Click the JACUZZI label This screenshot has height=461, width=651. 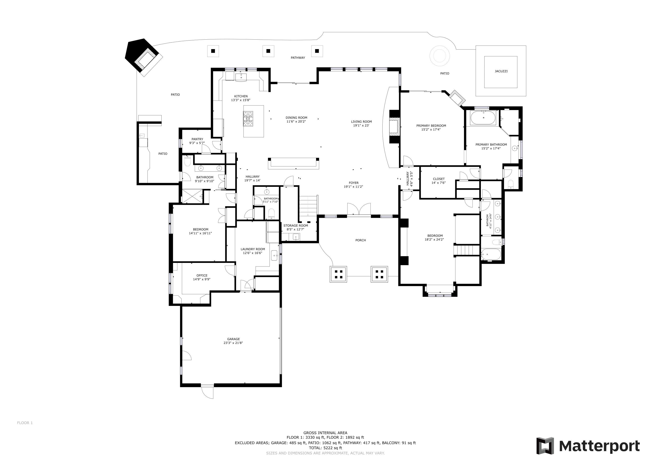(501, 71)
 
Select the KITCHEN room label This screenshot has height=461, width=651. (241, 96)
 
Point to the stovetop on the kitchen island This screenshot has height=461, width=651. (248, 119)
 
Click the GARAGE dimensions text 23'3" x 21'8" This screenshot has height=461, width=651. (233, 343)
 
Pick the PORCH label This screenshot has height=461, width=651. (360, 240)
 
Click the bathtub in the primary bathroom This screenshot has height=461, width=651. (483, 118)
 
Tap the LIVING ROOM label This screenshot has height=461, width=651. (361, 122)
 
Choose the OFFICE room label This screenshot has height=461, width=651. (202, 275)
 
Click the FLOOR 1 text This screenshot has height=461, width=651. (25, 431)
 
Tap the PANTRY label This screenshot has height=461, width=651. (197, 139)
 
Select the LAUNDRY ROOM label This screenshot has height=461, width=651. (253, 249)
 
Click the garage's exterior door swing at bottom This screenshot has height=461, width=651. (207, 392)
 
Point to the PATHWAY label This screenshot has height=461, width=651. (298, 58)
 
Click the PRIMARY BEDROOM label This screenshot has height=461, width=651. (431, 125)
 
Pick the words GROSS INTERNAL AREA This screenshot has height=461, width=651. (325, 433)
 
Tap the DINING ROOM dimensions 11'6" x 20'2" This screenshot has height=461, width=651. (296, 122)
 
